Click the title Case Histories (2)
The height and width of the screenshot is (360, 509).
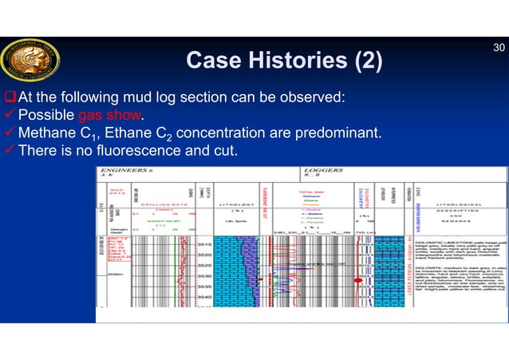click(283, 60)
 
